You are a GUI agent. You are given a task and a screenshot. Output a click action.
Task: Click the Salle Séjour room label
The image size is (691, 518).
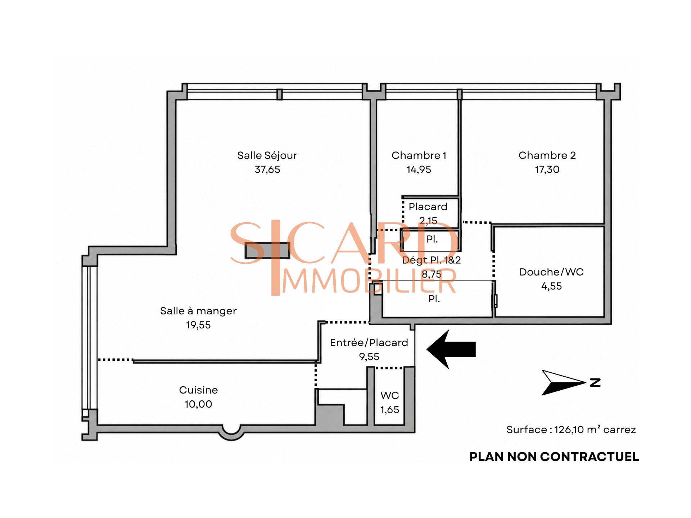(267, 155)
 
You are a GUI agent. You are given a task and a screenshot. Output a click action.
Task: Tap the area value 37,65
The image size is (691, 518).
(267, 169)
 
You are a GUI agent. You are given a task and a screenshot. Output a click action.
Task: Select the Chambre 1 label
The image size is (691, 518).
(419, 155)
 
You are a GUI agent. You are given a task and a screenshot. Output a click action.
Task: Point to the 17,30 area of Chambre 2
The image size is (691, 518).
(547, 169)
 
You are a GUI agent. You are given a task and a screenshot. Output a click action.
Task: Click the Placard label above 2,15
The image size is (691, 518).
(428, 206)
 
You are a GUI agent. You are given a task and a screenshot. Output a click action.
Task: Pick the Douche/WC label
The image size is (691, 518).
(551, 272)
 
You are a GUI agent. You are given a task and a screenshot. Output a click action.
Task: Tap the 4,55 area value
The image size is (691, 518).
(551, 286)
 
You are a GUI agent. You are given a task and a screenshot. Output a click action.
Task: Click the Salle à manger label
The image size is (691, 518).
(198, 311)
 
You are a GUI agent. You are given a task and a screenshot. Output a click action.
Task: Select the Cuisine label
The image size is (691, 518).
(198, 390)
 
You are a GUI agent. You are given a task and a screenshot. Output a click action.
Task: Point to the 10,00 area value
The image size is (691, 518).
(198, 404)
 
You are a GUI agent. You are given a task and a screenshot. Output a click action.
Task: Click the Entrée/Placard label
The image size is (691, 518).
(369, 342)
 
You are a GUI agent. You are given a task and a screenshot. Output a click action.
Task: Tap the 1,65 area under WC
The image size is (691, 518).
(390, 409)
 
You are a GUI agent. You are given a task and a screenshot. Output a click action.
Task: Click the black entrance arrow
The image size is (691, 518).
(451, 349)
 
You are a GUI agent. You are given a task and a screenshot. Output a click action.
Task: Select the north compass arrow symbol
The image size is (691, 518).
(564, 382)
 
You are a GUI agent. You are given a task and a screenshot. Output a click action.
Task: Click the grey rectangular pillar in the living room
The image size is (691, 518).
(267, 251)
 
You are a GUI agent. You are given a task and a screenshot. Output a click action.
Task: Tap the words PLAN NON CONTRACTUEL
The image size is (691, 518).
(554, 457)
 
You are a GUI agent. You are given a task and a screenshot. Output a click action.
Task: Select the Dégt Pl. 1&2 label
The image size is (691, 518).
(431, 260)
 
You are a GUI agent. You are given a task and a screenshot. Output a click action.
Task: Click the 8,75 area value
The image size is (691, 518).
(431, 274)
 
